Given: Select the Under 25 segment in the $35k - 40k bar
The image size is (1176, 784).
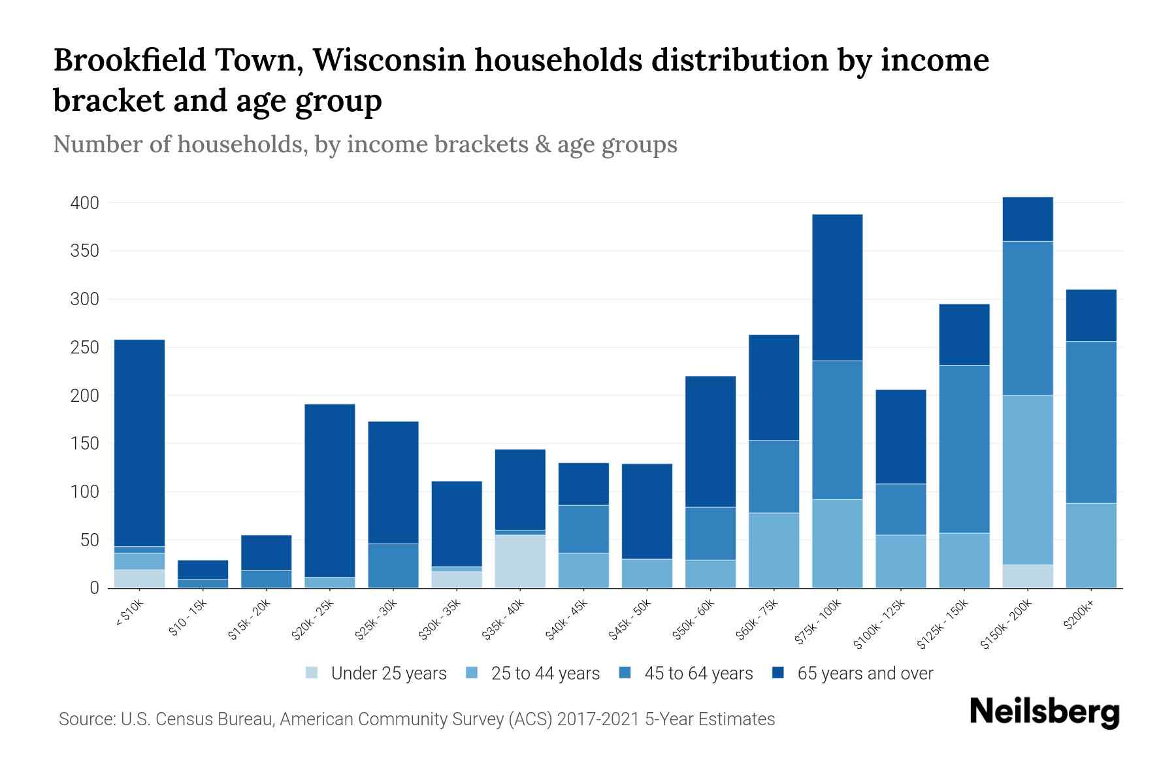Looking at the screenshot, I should [520, 561].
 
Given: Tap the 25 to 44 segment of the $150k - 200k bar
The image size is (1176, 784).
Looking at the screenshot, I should [1027, 480].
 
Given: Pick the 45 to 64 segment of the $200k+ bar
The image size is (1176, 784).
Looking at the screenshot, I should [1090, 422].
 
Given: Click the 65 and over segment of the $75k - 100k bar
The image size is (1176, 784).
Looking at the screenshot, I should [837, 287].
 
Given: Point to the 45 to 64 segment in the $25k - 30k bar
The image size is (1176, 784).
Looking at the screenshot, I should [393, 566].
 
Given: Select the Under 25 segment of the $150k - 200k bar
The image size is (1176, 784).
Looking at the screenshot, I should [1027, 576].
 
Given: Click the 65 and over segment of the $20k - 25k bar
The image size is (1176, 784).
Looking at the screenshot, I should [330, 491].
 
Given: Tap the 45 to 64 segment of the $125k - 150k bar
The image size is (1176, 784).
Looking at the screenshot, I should [964, 449].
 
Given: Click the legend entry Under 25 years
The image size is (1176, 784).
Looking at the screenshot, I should [388, 674].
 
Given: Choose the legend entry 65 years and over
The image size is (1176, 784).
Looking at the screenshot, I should [864, 674].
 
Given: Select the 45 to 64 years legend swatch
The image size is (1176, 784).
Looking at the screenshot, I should [625, 673].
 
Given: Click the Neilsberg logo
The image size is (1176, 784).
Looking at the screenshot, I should [1044, 712].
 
